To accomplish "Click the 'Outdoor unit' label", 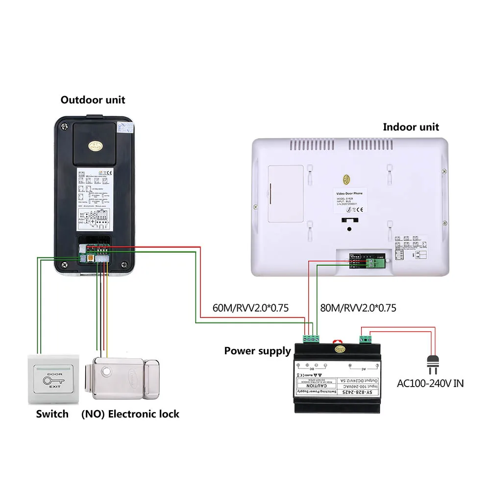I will [x=93, y=100].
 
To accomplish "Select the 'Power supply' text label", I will [x=257, y=351].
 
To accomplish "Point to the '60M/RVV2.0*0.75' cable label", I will [x=250, y=308].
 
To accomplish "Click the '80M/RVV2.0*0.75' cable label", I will [x=358, y=308].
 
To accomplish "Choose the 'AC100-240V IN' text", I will [x=430, y=383].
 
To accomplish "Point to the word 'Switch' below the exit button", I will [x=52, y=414].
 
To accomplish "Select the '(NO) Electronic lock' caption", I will [x=130, y=414].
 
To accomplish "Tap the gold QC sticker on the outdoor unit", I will [x=95, y=146].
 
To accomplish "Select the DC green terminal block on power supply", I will [x=312, y=338].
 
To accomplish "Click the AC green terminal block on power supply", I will [x=366, y=339].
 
